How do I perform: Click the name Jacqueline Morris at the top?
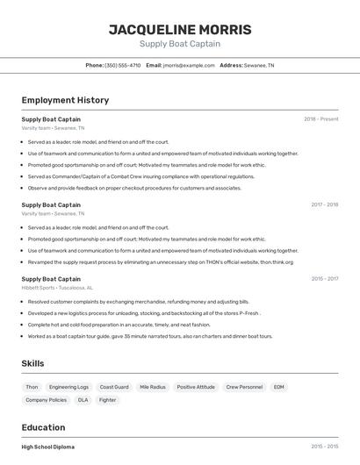pos(180,30)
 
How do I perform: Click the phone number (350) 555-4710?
pos(122,65)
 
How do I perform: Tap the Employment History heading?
pos(65,100)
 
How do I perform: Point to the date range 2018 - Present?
pos(321,118)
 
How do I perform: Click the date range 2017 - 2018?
pos(324,204)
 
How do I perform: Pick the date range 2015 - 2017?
pos(324,279)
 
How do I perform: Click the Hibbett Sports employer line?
pos(57,287)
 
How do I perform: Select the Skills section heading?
pos(33,363)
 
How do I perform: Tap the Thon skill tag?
pos(32,387)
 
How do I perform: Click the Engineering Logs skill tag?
pos(68,387)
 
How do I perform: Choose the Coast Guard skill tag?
pos(114,387)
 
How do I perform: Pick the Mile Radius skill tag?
pos(153,387)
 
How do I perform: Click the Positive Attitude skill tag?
pos(196,387)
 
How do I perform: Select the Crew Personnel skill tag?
pos(244,387)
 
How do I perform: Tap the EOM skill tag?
pos(278,387)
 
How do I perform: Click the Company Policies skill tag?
pos(46,400)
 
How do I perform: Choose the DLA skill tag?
pos(83,400)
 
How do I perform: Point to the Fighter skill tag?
pos(107,400)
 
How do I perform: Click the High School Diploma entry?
pos(48,447)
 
